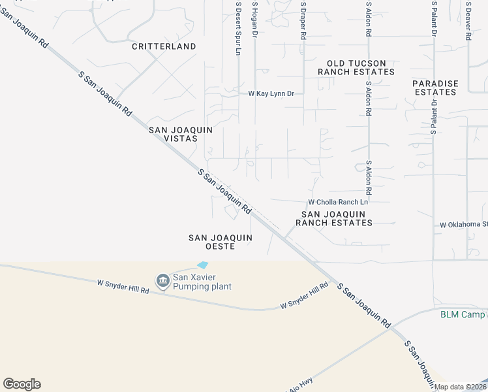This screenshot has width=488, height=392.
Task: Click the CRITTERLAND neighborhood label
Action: point(164,46)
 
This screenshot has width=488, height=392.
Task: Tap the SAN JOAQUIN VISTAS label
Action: point(181,135)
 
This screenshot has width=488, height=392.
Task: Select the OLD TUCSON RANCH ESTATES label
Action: point(356,67)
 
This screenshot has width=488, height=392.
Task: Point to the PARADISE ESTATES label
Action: point(435,88)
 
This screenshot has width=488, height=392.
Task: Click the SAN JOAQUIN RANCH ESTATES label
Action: point(334,218)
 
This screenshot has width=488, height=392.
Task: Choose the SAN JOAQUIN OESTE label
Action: point(211,242)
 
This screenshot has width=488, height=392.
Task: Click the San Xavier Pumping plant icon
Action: point(162,281)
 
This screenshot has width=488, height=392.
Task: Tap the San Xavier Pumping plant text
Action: point(202,282)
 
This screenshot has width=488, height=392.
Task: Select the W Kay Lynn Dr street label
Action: point(271,94)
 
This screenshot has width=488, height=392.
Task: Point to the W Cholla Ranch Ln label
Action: point(338,202)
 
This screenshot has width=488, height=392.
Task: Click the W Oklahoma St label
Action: point(463,225)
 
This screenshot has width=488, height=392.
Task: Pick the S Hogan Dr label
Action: point(255,20)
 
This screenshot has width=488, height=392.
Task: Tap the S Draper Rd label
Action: point(303,21)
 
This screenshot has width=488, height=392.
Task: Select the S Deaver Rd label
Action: point(468,21)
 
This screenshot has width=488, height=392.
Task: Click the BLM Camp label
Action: point(463,314)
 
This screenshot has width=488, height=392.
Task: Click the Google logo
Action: point(22,384)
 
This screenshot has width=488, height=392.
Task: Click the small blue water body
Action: point(203,265)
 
